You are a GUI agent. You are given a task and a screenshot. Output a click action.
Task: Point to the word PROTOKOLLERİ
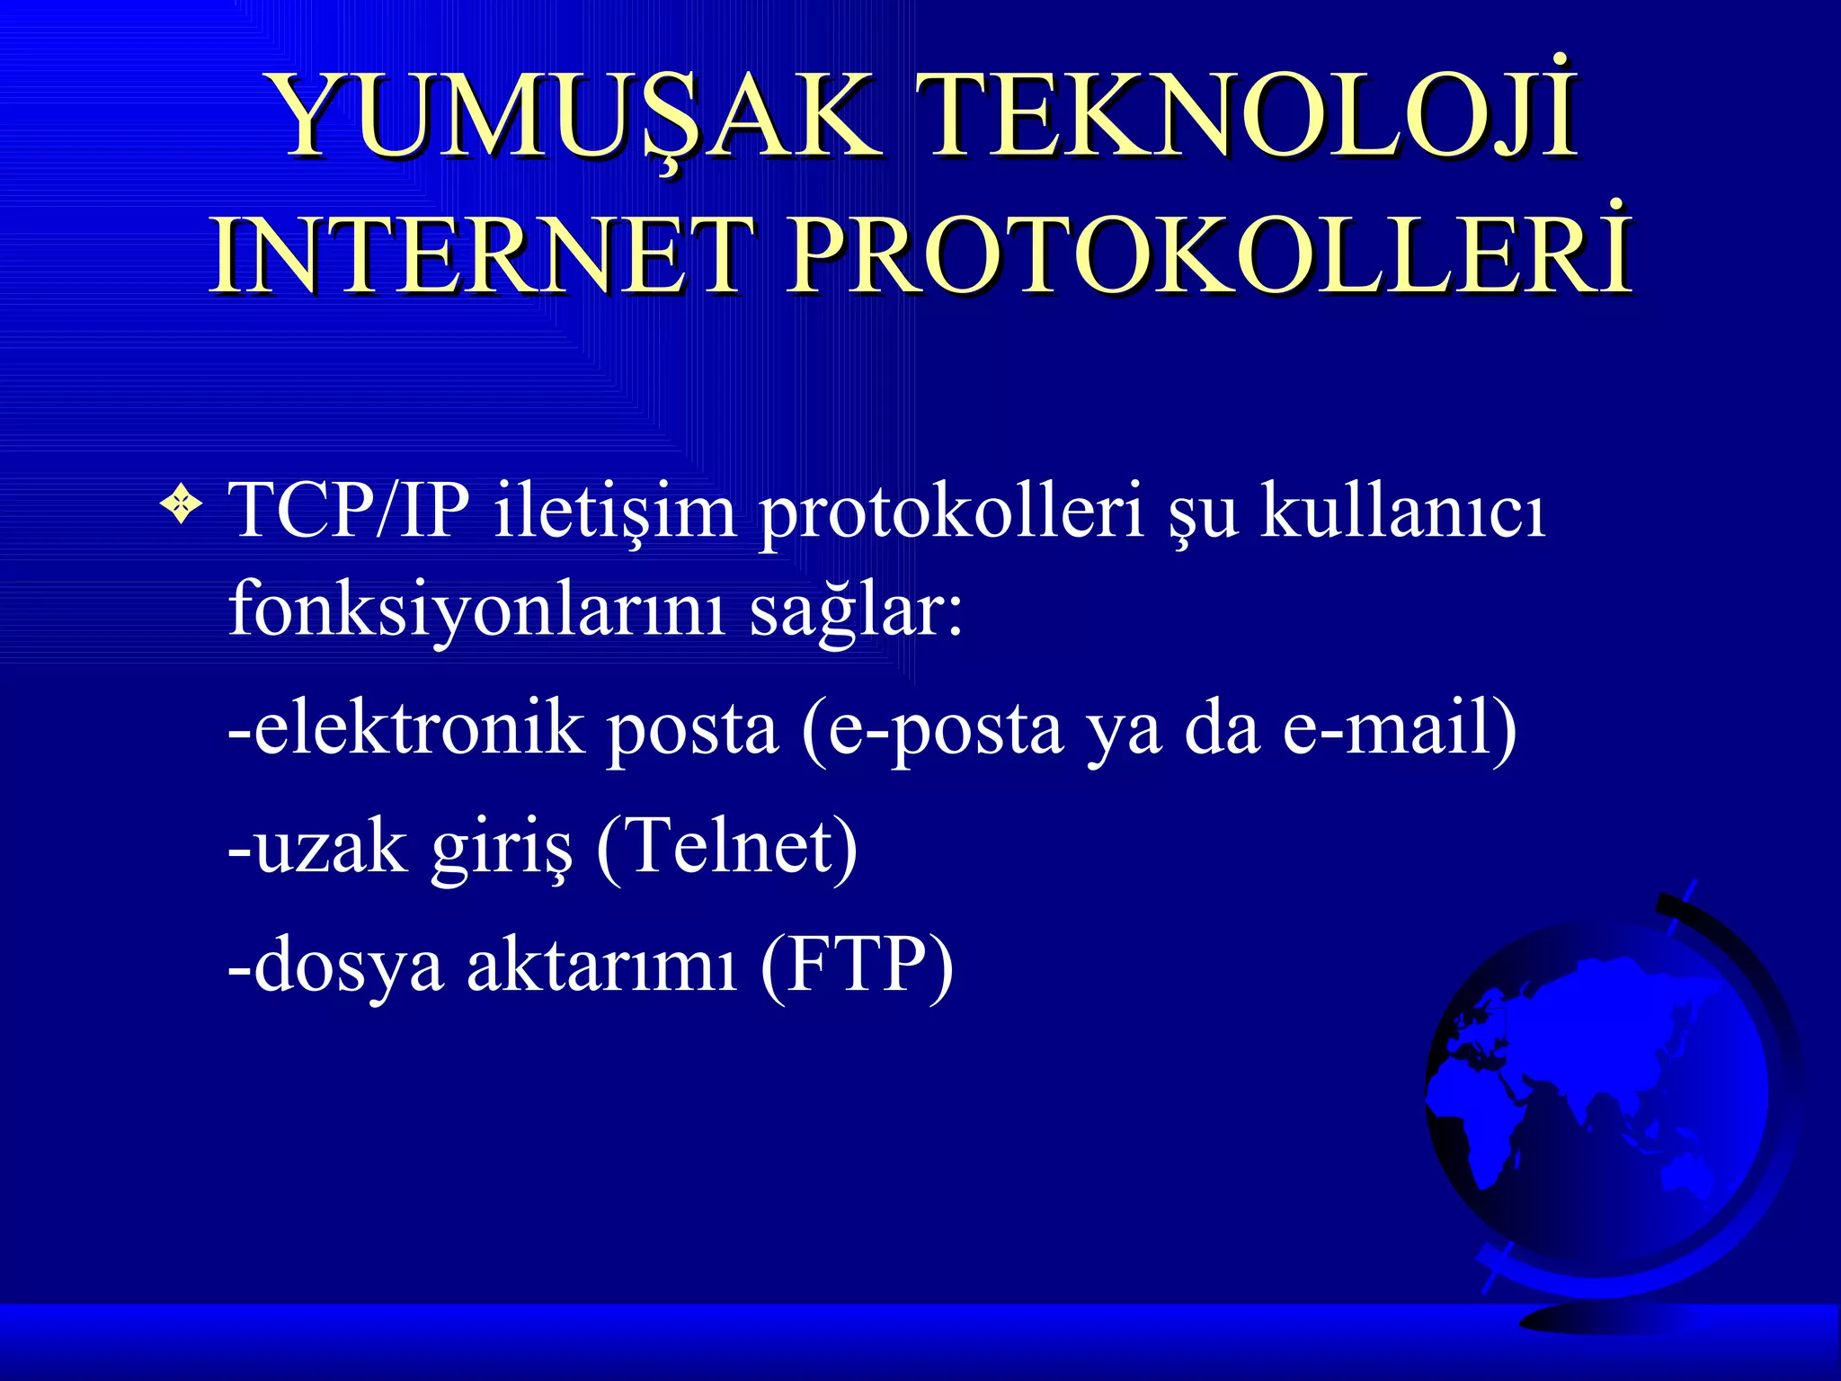click(x=1209, y=255)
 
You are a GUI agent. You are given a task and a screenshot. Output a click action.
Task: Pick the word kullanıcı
click(x=1402, y=511)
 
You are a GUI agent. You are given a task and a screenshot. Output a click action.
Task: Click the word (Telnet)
click(x=726, y=845)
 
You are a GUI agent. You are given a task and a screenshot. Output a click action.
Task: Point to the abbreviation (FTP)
click(x=856, y=964)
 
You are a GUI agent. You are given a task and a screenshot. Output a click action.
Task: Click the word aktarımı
click(x=600, y=964)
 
